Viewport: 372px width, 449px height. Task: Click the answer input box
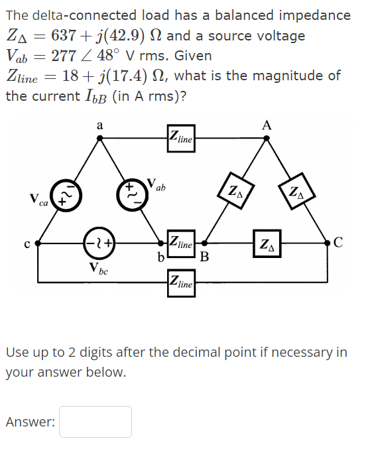pyautogui.click(x=95, y=422)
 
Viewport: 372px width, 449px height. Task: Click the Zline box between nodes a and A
pyautogui.click(x=180, y=139)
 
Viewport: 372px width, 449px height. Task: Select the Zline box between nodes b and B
pyautogui.click(x=180, y=243)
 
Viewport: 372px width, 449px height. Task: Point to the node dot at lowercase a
pyautogui.click(x=99, y=139)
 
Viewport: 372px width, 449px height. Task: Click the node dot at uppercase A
pyautogui.click(x=266, y=139)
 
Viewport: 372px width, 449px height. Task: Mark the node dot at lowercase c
pyautogui.click(x=37, y=243)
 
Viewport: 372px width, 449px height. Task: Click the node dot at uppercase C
pyautogui.click(x=329, y=243)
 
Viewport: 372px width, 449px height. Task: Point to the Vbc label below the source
pyautogui.click(x=99, y=269)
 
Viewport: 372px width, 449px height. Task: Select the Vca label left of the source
pyautogui.click(x=38, y=200)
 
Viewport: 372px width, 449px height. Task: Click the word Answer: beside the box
pyautogui.click(x=30, y=422)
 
